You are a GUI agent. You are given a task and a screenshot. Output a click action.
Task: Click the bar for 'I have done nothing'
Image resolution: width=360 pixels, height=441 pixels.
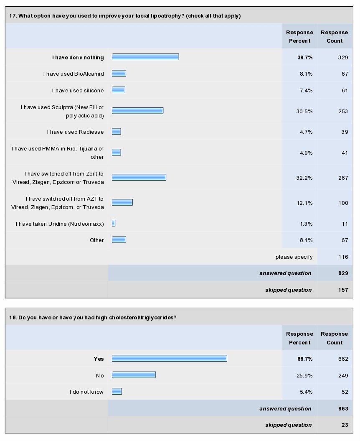(x=145, y=57)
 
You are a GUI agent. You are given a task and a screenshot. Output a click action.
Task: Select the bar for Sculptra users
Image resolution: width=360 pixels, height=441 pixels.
(x=137, y=111)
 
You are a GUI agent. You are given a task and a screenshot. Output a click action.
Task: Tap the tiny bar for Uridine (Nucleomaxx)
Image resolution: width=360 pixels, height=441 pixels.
(x=114, y=223)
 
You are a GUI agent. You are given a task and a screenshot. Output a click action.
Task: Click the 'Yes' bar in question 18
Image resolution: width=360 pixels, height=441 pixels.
(x=169, y=358)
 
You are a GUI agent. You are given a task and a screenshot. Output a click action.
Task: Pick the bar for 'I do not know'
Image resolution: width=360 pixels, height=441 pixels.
(x=117, y=391)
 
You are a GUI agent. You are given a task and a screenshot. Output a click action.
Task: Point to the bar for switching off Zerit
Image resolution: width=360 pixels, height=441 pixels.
(x=139, y=177)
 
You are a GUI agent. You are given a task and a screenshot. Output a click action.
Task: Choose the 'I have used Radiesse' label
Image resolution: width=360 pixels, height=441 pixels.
(x=75, y=132)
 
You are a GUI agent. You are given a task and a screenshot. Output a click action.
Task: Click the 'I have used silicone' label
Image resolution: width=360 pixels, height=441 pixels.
(x=78, y=90)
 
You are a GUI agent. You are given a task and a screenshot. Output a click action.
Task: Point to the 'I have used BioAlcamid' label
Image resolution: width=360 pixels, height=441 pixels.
(x=74, y=74)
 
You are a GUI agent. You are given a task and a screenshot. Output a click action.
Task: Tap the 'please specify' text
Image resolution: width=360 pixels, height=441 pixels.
(x=293, y=257)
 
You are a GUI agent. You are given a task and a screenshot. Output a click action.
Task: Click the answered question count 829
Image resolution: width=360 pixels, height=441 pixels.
(x=342, y=273)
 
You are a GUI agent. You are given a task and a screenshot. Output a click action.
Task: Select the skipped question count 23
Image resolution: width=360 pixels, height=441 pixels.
(x=344, y=425)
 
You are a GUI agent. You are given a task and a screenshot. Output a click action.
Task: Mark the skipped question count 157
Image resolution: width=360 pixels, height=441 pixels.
(x=342, y=290)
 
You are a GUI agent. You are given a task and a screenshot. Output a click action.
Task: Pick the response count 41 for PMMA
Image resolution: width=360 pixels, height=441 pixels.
(x=344, y=153)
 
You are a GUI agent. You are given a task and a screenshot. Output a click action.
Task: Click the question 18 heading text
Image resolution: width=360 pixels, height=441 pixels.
(x=92, y=317)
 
